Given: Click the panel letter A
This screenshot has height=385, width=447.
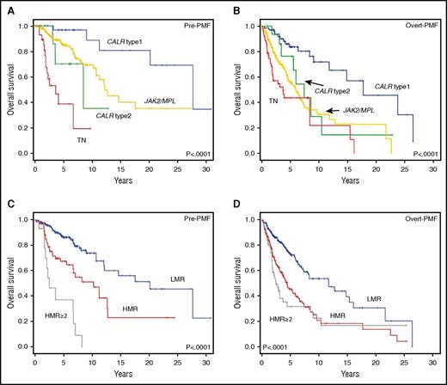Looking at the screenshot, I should point(5,6).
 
